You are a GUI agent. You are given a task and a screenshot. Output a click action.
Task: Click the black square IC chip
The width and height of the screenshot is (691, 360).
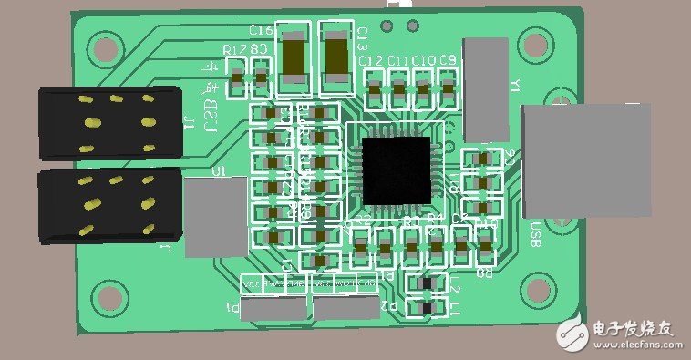(x=397, y=170)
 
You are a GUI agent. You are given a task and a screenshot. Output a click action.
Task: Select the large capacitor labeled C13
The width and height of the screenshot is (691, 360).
(x=335, y=57)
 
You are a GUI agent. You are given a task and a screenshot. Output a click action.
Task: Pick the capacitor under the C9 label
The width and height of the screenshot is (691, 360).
(x=447, y=87)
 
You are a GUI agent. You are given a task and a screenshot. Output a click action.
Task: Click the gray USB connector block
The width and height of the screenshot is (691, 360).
(x=586, y=159)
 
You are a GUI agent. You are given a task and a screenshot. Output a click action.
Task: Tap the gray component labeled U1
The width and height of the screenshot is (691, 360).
(x=216, y=217)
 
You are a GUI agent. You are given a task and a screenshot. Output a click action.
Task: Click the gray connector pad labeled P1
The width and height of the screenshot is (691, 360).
(x=273, y=309)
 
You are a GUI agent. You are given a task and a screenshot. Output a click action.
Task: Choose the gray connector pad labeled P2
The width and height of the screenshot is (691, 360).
(x=345, y=308)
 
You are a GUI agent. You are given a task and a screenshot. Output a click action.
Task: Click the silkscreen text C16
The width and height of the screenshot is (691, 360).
(x=260, y=32)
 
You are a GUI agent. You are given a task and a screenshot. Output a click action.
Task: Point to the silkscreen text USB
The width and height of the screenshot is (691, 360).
(x=536, y=234)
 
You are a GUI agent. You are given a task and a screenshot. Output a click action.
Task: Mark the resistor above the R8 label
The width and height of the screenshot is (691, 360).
(x=485, y=244)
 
